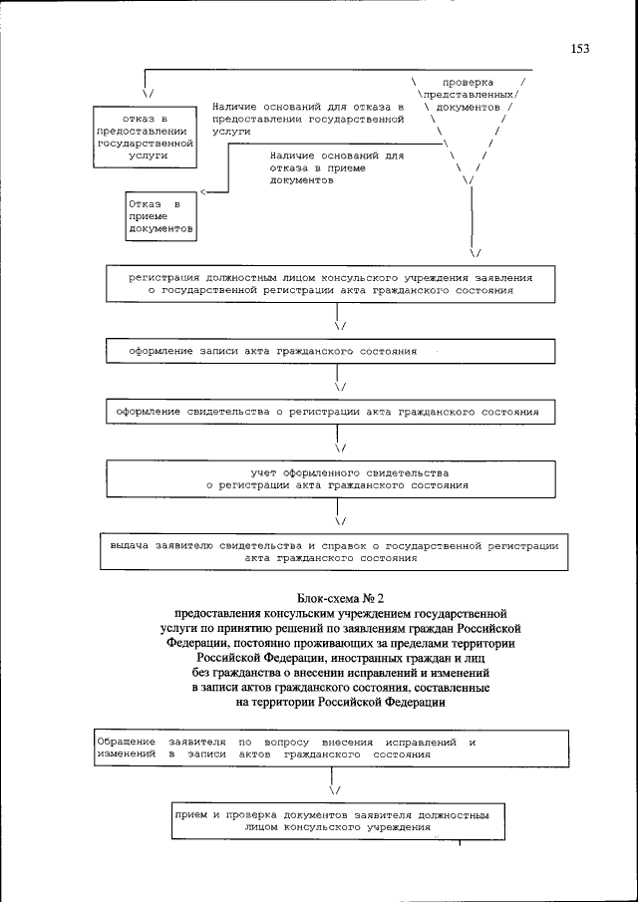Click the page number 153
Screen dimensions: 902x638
[x=581, y=48]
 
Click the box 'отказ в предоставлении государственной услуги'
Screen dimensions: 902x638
[x=146, y=136]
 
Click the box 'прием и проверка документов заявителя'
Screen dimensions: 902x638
[x=332, y=820]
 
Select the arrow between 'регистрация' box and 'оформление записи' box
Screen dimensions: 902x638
[x=339, y=324]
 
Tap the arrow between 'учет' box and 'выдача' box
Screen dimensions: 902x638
[x=339, y=519]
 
